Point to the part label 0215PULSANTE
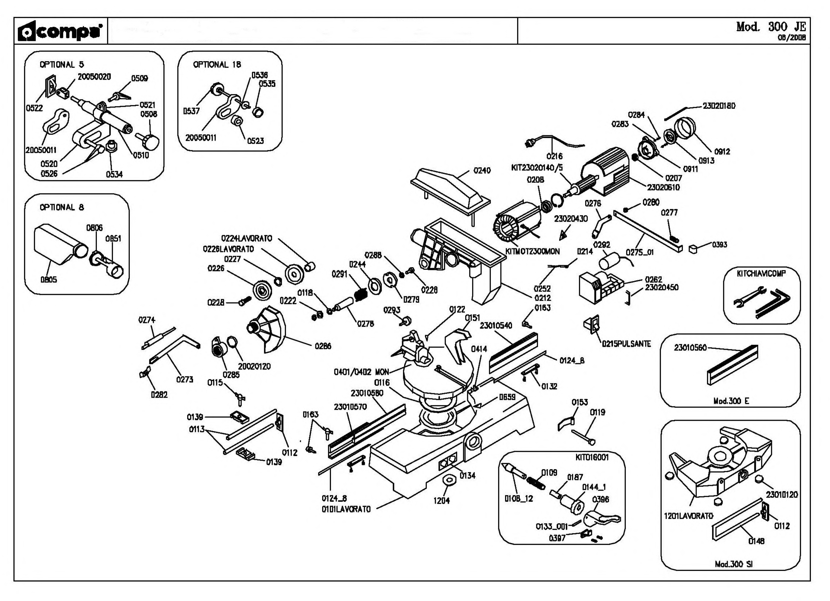pos(626,344)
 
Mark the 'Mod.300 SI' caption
pos(734,564)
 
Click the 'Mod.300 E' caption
pos(731,401)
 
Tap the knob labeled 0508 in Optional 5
pos(150,140)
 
